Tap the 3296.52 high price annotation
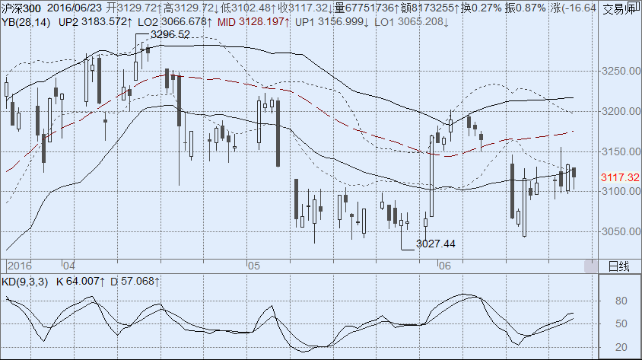click(x=170, y=35)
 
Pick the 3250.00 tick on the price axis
click(x=618, y=72)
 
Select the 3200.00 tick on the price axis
click(x=618, y=111)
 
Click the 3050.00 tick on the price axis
click(x=618, y=231)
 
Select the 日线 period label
click(x=619, y=266)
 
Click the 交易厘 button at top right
click(x=621, y=9)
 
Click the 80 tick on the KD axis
click(x=621, y=301)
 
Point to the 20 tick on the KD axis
click(x=621, y=348)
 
